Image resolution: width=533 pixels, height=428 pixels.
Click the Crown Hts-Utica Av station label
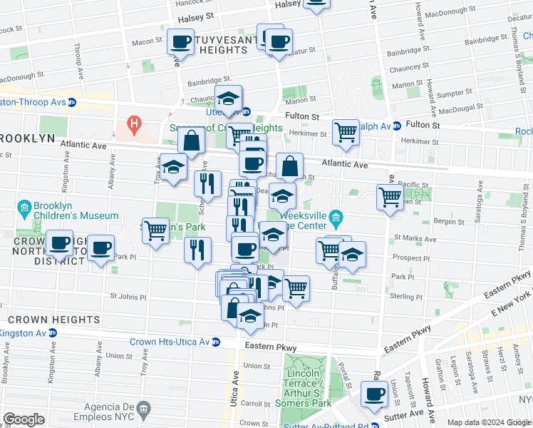click(x=167, y=342)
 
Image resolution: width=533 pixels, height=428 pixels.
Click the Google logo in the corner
click(x=24, y=419)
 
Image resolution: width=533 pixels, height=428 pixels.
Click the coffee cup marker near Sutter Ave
click(x=373, y=394)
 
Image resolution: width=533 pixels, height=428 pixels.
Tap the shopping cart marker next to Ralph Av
click(x=346, y=131)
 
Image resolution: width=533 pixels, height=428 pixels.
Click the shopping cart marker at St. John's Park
click(x=155, y=230)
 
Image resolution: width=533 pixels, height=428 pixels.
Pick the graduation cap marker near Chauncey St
click(x=229, y=100)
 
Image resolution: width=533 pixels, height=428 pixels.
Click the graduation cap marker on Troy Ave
click(x=172, y=167)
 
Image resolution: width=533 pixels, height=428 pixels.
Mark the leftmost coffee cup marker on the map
click(x=60, y=243)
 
